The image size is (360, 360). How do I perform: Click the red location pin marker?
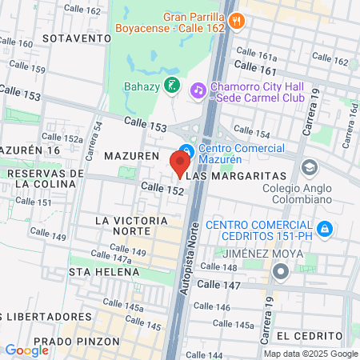tap(178, 162)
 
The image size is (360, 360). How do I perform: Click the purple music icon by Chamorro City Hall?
tap(198, 90)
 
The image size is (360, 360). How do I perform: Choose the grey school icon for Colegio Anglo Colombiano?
tap(309, 168)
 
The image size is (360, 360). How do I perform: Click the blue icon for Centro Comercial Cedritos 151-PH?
tap(324, 230)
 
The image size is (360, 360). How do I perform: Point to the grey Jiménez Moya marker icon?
tap(280, 272)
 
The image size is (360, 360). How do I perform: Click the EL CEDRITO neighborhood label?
tap(310, 334)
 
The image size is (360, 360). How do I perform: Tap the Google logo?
tap(26, 350)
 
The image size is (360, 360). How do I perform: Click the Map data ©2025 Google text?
tap(311, 354)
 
